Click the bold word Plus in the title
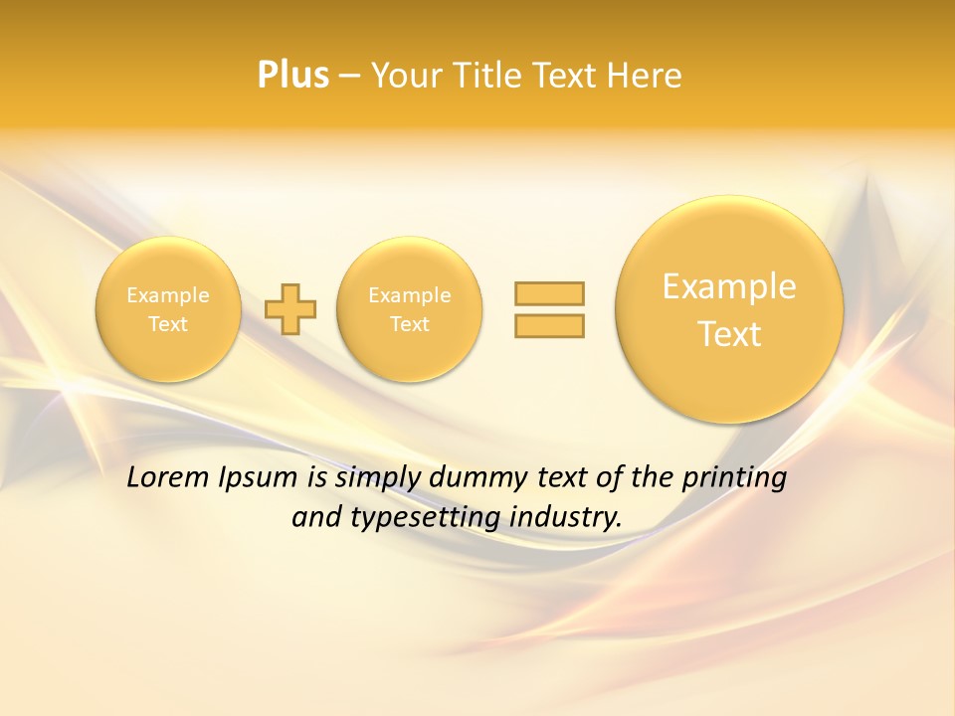click(x=292, y=76)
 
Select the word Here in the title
click(x=646, y=76)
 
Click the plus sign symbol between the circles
click(x=290, y=309)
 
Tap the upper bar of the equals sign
click(x=549, y=293)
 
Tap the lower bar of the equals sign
click(x=549, y=325)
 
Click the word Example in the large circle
click(x=729, y=286)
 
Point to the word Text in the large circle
click(x=729, y=334)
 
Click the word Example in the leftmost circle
click(x=168, y=295)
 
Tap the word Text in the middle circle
click(x=409, y=324)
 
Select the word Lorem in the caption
click(x=168, y=477)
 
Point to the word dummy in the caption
click(x=478, y=478)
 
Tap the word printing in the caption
click(x=733, y=478)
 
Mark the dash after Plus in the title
click(x=349, y=76)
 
